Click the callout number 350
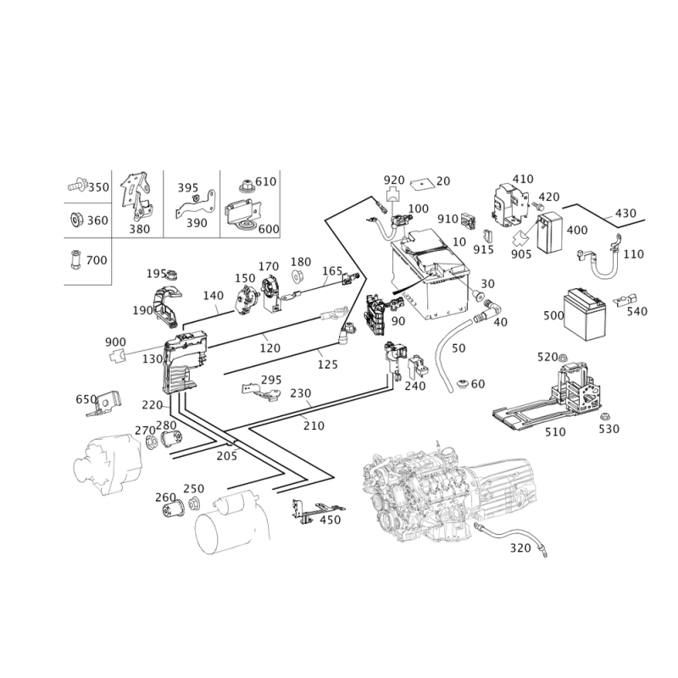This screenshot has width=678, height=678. click(x=98, y=187)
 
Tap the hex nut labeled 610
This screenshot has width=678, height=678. click(x=246, y=186)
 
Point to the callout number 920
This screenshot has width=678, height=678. click(x=394, y=180)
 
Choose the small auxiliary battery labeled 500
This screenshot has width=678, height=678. click(x=584, y=314)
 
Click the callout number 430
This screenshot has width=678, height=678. click(x=625, y=214)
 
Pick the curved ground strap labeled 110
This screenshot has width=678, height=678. click(x=600, y=259)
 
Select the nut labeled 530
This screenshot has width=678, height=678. click(x=604, y=416)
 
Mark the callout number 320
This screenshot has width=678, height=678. click(x=520, y=547)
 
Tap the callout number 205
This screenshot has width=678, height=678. click(x=227, y=456)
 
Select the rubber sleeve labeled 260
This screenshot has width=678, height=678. click(x=174, y=509)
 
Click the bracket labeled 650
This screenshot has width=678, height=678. click(x=105, y=404)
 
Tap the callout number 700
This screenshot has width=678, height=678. click(x=97, y=260)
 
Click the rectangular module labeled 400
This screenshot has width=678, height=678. click(x=550, y=233)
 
